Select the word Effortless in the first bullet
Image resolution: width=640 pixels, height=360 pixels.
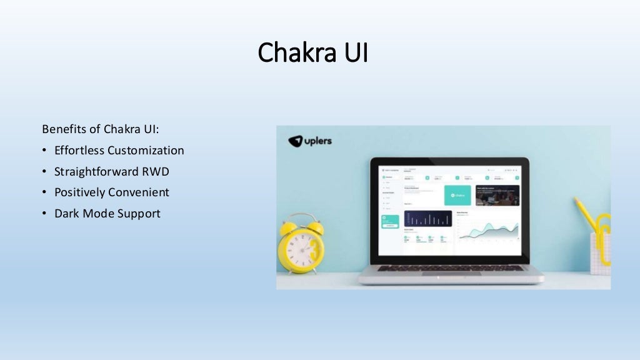79,151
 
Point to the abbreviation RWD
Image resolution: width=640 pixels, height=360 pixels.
156,171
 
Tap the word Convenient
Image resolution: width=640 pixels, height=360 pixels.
138,192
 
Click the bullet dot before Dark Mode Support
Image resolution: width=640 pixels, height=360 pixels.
44,214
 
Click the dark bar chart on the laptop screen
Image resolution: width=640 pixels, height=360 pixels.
427,218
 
